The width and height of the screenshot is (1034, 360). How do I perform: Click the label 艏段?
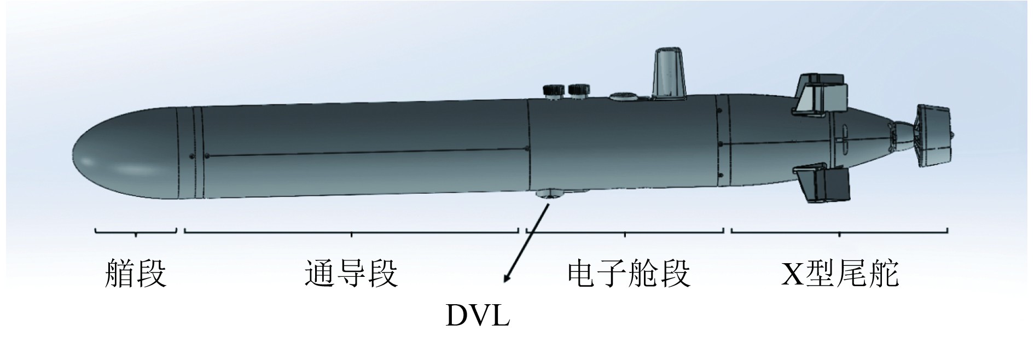click(x=135, y=274)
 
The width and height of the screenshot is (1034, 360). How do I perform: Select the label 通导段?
click(x=351, y=274)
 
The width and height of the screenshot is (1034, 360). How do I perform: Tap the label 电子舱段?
click(x=629, y=274)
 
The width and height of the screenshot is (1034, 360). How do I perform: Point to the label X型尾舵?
click(x=840, y=274)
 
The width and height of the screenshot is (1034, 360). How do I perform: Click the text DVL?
click(x=478, y=316)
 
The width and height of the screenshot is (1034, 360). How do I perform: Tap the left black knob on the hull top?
click(x=554, y=90)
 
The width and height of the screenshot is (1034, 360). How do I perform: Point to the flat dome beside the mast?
click(x=624, y=96)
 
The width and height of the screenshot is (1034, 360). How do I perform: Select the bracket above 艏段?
click(x=136, y=231)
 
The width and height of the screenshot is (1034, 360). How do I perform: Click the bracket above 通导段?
click(x=351, y=231)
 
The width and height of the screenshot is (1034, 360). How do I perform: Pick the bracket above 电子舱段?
click(x=625, y=231)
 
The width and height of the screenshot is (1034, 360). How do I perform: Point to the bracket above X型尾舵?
click(x=839, y=231)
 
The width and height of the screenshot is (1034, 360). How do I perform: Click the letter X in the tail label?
click(x=791, y=274)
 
